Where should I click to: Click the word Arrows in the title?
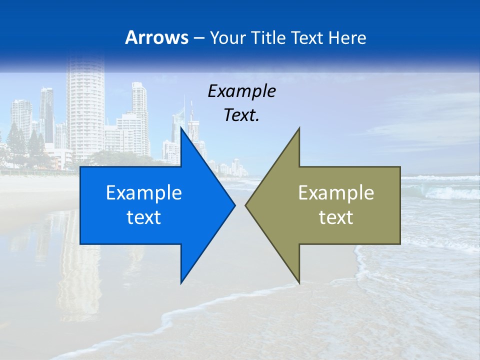pyautogui.click(x=156, y=37)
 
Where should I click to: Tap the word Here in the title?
pyautogui.click(x=347, y=37)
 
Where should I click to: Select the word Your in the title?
pyautogui.click(x=227, y=37)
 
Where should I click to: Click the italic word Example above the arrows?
pyautogui.click(x=241, y=91)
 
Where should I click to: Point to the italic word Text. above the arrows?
pyautogui.click(x=241, y=115)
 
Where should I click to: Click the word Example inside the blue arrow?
pyautogui.click(x=144, y=192)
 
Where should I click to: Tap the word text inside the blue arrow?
pyautogui.click(x=144, y=217)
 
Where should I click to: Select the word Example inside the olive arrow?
pyautogui.click(x=336, y=192)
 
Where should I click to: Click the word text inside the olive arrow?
pyautogui.click(x=336, y=217)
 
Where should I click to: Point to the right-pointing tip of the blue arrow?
pyautogui.click(x=234, y=205)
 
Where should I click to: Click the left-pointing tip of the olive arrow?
pyautogui.click(x=246, y=205)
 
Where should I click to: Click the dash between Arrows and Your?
pyautogui.click(x=197, y=38)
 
